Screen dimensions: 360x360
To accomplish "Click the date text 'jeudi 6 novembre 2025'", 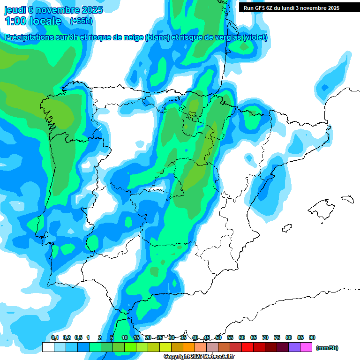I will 53,9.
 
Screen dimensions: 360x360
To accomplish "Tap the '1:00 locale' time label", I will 33,21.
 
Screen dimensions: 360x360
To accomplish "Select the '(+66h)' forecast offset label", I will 81,21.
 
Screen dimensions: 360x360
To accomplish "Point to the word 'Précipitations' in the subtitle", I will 29,37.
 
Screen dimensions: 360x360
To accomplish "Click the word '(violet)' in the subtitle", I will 255,37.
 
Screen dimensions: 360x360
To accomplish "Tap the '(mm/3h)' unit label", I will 327,348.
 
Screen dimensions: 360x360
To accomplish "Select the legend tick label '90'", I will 312,337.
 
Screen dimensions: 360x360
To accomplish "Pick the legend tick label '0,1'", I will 55,337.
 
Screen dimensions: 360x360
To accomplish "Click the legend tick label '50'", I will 218,337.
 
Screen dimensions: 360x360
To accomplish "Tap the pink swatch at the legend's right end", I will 306,347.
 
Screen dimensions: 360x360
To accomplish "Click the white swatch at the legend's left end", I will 48,347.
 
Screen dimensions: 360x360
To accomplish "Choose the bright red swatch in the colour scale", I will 247,347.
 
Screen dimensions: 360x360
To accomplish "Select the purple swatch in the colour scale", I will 294,347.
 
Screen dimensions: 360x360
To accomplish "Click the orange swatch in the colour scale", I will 189,347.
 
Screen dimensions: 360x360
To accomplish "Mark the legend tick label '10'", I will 125,337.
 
